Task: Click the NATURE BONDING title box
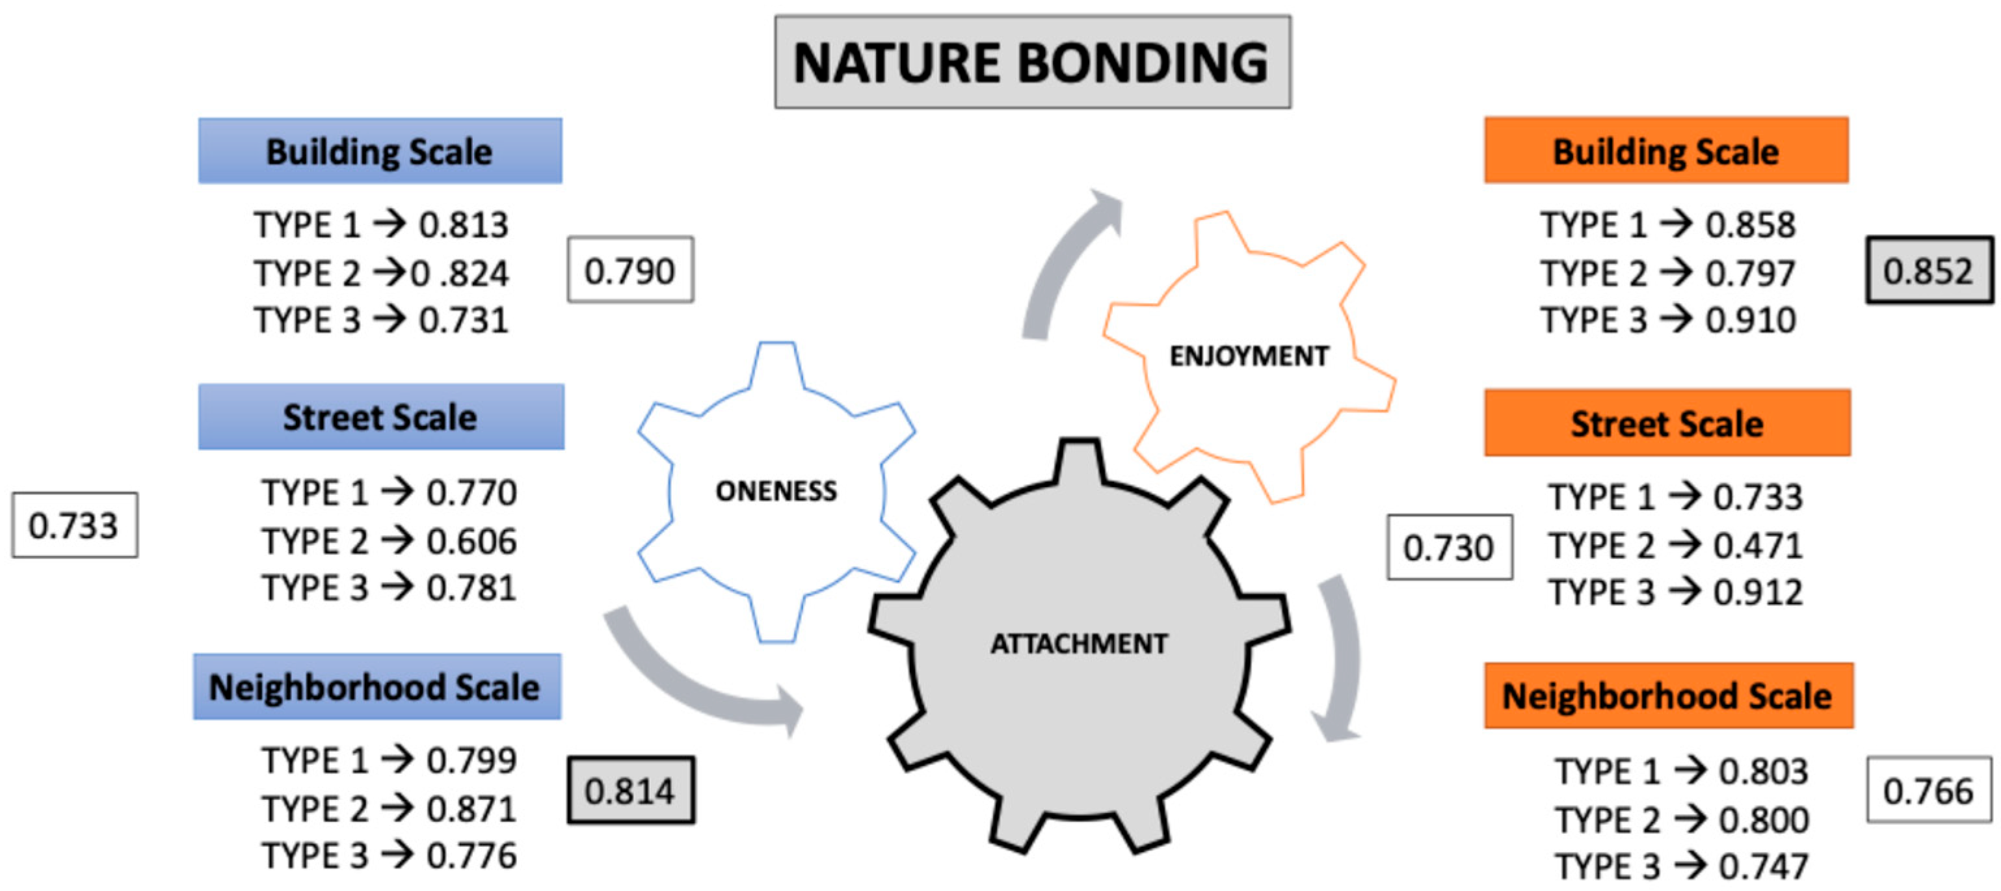[1031, 62]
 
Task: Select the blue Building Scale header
[380, 152]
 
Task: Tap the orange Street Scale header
[1667, 423]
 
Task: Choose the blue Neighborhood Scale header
[377, 687]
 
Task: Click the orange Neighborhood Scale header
[1668, 696]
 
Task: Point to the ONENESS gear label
[776, 491]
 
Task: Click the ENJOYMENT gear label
[1249, 356]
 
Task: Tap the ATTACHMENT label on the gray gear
[1078, 643]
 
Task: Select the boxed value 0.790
[630, 271]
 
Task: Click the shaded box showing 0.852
[1929, 271]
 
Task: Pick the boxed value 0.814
[630, 791]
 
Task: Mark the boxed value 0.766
[1929, 791]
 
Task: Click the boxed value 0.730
[1449, 548]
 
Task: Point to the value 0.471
[1758, 545]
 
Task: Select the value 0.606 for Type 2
[471, 542]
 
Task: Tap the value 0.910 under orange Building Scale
[1751, 320]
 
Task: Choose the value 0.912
[1758, 592]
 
